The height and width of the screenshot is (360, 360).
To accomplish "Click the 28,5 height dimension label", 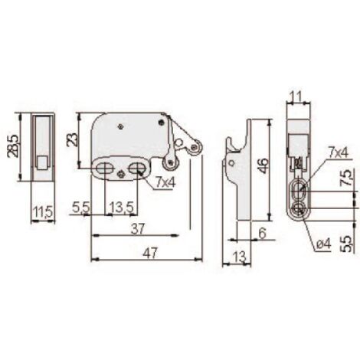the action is pyautogui.click(x=13, y=146).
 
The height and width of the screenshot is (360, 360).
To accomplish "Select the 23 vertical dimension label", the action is pyautogui.click(x=73, y=139).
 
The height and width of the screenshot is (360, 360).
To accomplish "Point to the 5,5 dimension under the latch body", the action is pyautogui.click(x=81, y=207).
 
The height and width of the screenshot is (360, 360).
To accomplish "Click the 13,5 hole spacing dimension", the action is pyautogui.click(x=122, y=207).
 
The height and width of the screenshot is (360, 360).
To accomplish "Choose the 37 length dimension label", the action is pyautogui.click(x=138, y=228).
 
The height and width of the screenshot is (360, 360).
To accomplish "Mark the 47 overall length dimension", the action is pyautogui.click(x=150, y=253).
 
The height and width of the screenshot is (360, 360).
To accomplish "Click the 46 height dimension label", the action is pyautogui.click(x=263, y=165).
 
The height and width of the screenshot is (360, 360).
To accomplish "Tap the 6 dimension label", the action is pyautogui.click(x=262, y=233).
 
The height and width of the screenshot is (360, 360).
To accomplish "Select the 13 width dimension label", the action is pyautogui.click(x=240, y=257).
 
